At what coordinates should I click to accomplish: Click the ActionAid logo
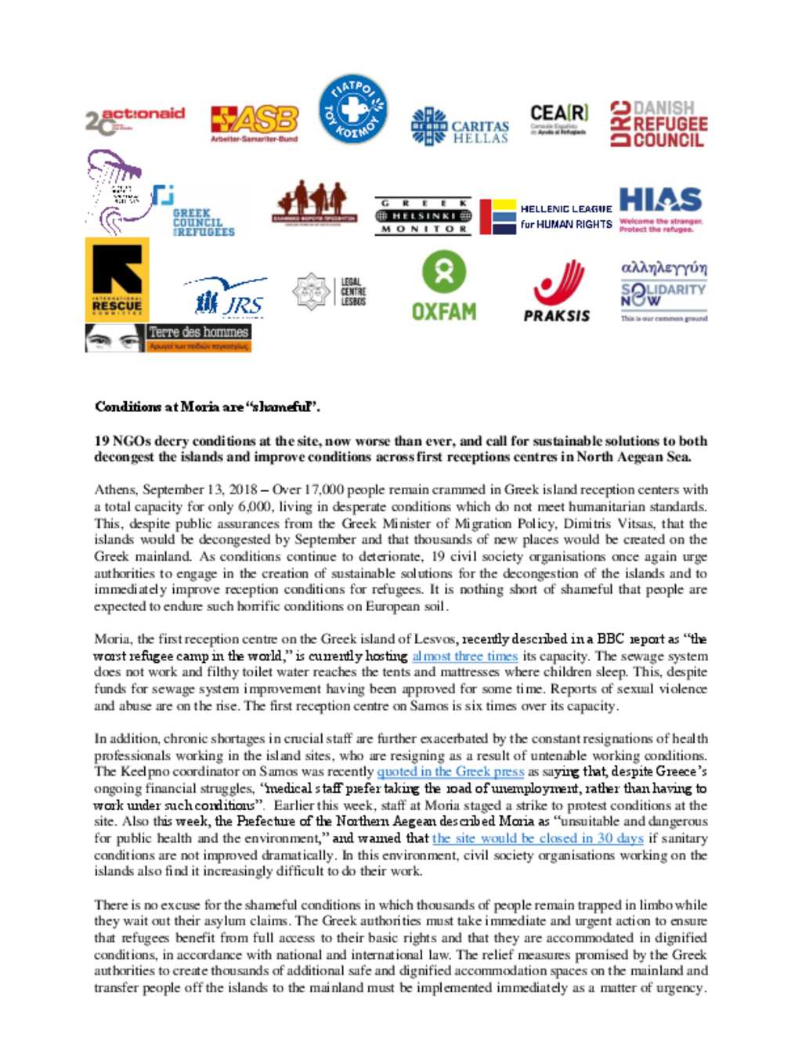135,120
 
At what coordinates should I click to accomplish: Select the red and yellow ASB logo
254,122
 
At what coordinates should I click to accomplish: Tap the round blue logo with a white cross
352,109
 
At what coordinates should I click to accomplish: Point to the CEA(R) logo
558,119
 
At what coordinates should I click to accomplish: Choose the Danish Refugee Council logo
659,124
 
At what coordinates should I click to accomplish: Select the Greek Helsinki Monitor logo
423,216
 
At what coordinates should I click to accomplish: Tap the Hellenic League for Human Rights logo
546,217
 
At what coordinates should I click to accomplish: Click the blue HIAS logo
660,208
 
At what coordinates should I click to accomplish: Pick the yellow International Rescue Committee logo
117,280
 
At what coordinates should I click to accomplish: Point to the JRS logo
229,297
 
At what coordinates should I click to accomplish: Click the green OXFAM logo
444,287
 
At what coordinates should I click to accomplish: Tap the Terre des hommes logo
168,338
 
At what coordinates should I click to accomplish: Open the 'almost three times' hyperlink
464,656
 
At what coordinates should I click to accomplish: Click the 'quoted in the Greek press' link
450,772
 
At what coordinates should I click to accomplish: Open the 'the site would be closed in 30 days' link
537,838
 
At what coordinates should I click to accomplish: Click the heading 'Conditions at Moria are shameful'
207,407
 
